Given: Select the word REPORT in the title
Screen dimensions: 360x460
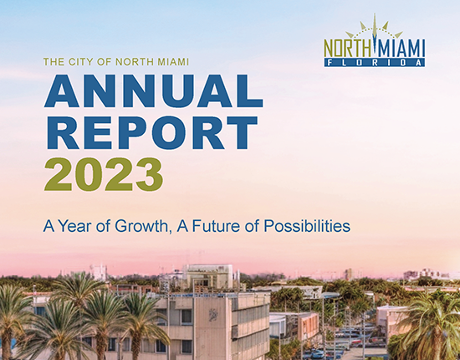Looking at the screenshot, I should click(x=151, y=133).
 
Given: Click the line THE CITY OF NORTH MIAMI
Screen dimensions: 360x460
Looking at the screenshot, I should click(x=120, y=61).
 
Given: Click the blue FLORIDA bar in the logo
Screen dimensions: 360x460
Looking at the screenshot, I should click(x=374, y=61).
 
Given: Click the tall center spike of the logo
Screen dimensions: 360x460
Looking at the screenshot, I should click(x=374, y=29).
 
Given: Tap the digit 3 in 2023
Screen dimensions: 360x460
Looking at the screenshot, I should click(x=147, y=173).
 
